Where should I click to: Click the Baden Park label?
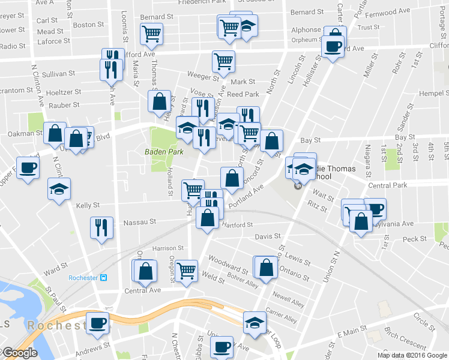pos(163,152)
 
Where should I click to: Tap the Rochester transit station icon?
pos(104,278)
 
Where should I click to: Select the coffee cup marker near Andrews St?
pos(98,323)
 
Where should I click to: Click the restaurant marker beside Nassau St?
pos(101,227)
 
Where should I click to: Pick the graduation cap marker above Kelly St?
pos(59,189)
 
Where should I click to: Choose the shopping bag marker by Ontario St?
pos(267,266)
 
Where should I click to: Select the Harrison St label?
pos(167,248)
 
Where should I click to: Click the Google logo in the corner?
pos(19,353)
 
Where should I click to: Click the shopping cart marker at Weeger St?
pos(223,60)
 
